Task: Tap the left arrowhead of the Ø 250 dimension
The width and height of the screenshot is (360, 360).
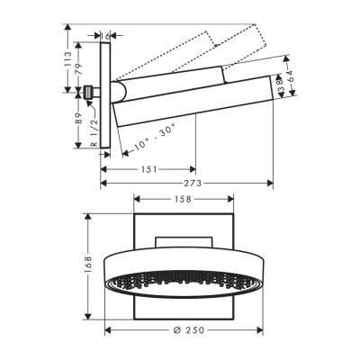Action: pyautogui.click(x=108, y=328)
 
